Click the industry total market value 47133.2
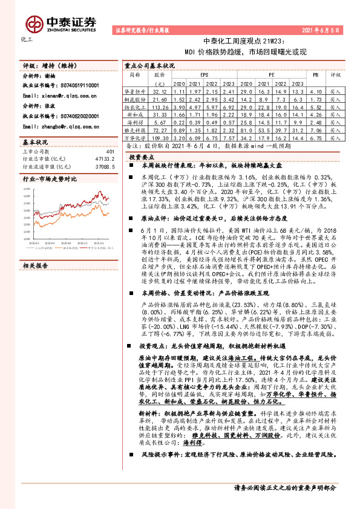103,160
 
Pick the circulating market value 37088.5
103,167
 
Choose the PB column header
315,74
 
